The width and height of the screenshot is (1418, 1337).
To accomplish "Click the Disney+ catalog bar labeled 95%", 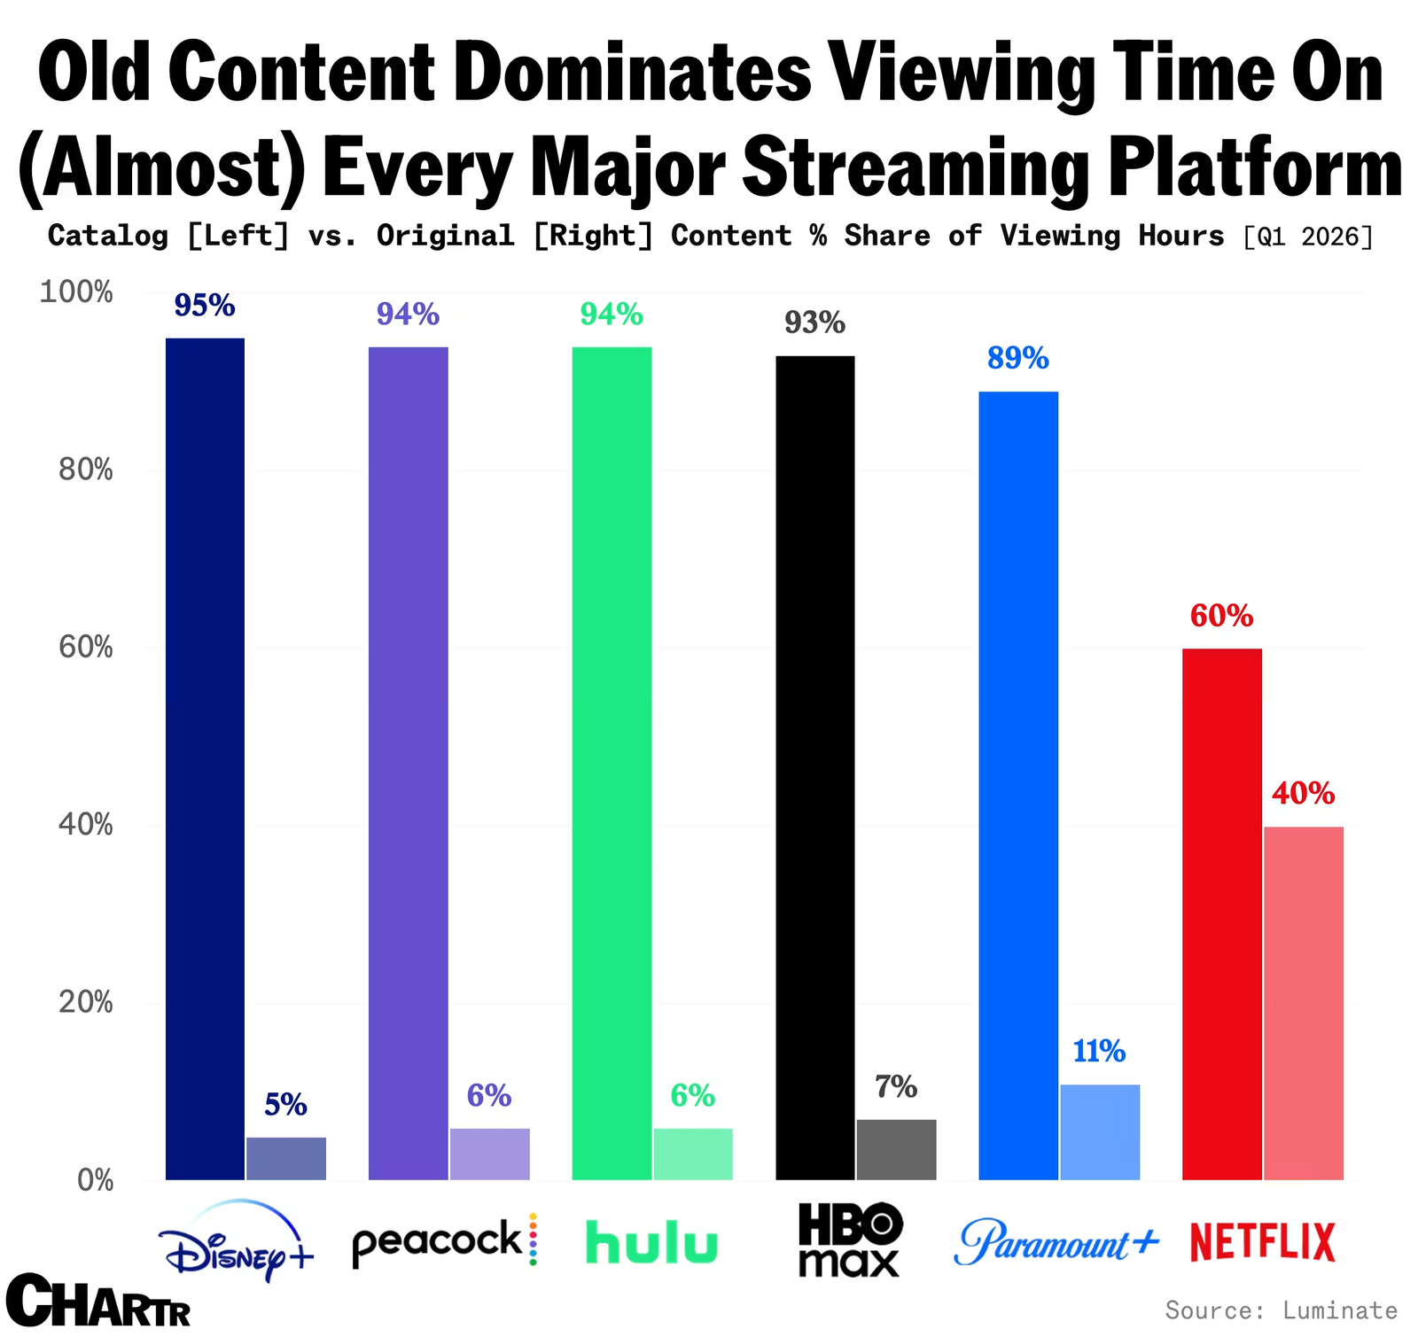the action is point(205,758).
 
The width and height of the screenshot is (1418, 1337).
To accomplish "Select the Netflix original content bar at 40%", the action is point(1304,1003).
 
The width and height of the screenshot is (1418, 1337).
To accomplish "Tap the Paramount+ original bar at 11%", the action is point(1100,1132).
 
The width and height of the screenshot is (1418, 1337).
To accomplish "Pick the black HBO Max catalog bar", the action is point(815,767).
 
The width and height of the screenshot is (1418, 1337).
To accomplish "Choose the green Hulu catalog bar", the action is point(612,763).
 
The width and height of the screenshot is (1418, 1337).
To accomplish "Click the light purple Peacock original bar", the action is point(490,1154).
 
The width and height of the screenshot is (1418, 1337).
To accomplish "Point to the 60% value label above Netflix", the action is point(1221,616).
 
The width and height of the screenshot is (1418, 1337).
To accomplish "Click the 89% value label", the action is point(1018,358).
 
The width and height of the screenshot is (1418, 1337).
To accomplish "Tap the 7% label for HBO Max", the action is point(896,1086).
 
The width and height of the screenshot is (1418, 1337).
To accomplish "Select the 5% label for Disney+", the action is point(285,1104).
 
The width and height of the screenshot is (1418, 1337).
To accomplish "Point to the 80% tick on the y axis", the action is point(86,470).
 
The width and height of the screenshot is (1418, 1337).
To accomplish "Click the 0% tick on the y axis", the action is point(96,1180).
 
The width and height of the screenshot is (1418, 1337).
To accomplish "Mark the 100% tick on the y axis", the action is point(76,291).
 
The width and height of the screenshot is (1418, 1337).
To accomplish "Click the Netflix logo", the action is point(1262,1242).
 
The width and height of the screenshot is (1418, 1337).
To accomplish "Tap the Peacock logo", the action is point(445,1240).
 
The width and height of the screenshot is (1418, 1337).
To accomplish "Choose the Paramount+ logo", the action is point(1056,1241).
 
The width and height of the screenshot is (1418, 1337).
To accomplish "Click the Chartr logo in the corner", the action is point(97,1300).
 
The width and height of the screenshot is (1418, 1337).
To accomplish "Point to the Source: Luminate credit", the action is point(1281,1310).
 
